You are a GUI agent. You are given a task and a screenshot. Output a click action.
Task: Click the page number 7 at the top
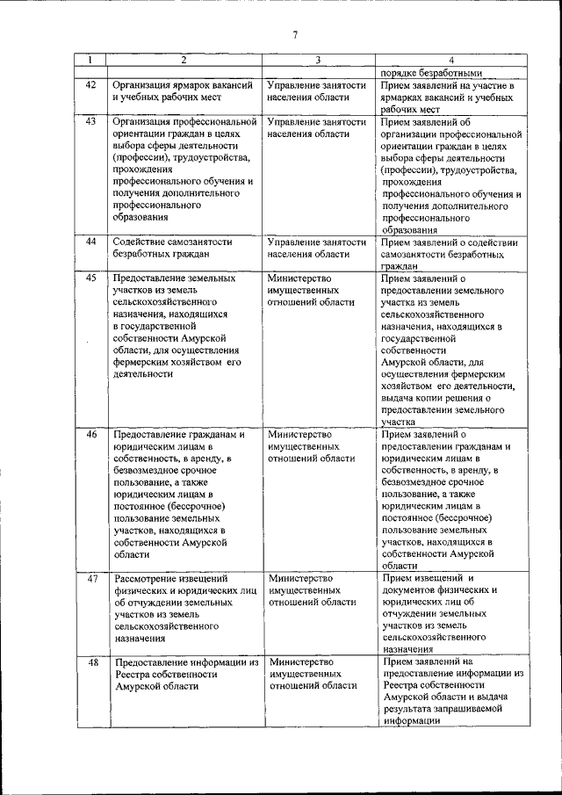pyautogui.click(x=295, y=35)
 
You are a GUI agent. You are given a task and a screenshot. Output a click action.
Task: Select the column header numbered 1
pyautogui.click(x=90, y=60)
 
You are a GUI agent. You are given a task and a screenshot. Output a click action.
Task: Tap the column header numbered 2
pyautogui.click(x=184, y=60)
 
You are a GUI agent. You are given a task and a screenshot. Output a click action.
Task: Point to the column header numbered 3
pyautogui.click(x=317, y=60)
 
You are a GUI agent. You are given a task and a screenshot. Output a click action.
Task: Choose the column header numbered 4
pyautogui.click(x=450, y=60)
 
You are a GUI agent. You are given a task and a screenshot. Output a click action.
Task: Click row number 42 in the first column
pyautogui.click(x=90, y=85)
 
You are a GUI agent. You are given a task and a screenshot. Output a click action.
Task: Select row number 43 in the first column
pyautogui.click(x=90, y=121)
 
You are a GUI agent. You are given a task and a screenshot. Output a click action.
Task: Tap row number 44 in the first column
pyautogui.click(x=90, y=242)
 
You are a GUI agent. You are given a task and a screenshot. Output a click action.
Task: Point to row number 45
pyautogui.click(x=90, y=278)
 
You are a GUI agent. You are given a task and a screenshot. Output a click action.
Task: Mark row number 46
pyautogui.click(x=90, y=435)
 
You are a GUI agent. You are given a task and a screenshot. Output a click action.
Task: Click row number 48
pyautogui.click(x=90, y=661)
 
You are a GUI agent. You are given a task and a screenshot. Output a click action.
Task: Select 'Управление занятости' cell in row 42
pyautogui.click(x=317, y=91)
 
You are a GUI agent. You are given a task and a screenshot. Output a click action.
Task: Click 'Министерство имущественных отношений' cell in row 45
pyautogui.click(x=312, y=290)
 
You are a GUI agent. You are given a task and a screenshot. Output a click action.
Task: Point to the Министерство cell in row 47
pyautogui.click(x=312, y=590)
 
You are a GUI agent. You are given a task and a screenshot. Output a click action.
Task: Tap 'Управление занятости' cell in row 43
pyautogui.click(x=317, y=128)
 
